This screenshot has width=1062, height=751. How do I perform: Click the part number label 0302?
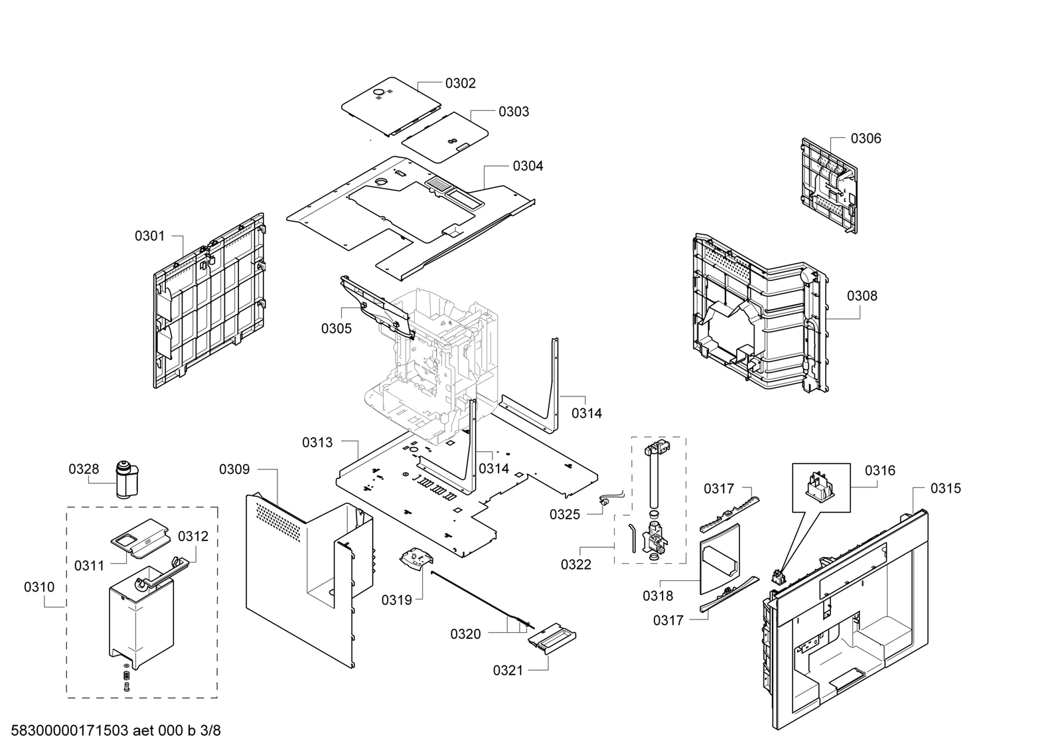point(460,83)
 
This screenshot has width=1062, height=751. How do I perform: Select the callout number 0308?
point(862,296)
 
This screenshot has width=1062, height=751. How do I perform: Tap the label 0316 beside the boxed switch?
point(879,471)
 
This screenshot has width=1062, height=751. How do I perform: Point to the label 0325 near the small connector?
point(564,515)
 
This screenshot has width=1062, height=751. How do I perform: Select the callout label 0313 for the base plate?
point(317,442)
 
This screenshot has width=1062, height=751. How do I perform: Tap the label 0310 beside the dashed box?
point(39,587)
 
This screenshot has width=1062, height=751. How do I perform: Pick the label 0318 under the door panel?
point(657,596)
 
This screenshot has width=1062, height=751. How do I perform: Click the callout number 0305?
point(337,329)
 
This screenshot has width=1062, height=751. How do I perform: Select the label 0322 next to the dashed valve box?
point(576,564)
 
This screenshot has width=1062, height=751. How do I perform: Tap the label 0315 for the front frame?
point(945,489)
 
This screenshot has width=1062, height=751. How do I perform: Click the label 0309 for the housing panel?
point(234,470)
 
